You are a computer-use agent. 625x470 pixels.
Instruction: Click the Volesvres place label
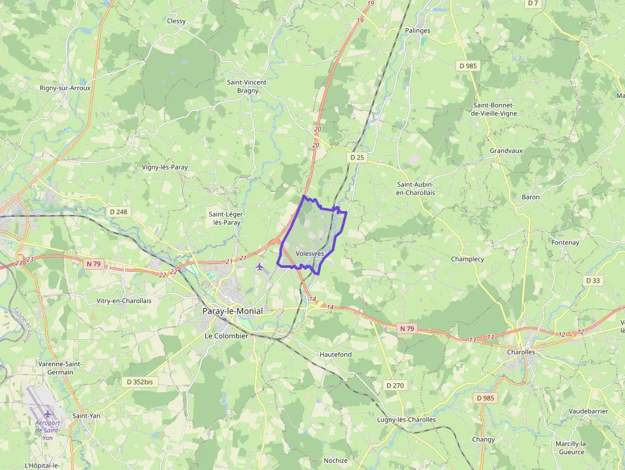[310, 254]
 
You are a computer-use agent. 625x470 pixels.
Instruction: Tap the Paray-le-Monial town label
[232, 311]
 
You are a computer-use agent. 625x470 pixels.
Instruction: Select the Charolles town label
[520, 352]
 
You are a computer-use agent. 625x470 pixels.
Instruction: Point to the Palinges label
[418, 31]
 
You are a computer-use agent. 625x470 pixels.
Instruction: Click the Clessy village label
[176, 21]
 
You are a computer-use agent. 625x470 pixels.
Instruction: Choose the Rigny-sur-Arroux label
[65, 88]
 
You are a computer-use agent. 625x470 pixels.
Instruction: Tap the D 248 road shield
[119, 212]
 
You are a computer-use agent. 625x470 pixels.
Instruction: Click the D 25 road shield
[357, 157]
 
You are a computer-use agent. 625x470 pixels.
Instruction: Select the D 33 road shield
[592, 281]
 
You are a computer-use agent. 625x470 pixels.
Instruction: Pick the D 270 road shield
[395, 385]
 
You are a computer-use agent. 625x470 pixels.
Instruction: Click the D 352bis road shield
[139, 381]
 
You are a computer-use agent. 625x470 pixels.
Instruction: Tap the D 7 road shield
[533, 3]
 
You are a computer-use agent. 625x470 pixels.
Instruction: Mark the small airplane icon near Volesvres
[260, 266]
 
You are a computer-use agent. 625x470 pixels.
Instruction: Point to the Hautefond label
[335, 354]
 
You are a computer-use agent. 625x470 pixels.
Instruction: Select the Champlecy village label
[467, 260]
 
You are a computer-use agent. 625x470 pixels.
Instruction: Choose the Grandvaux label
[506, 151]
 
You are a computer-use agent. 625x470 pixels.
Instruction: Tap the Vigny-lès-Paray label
[165, 167]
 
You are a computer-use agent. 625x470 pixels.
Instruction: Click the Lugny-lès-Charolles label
[406, 420]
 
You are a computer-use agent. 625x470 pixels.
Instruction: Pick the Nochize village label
[335, 460]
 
